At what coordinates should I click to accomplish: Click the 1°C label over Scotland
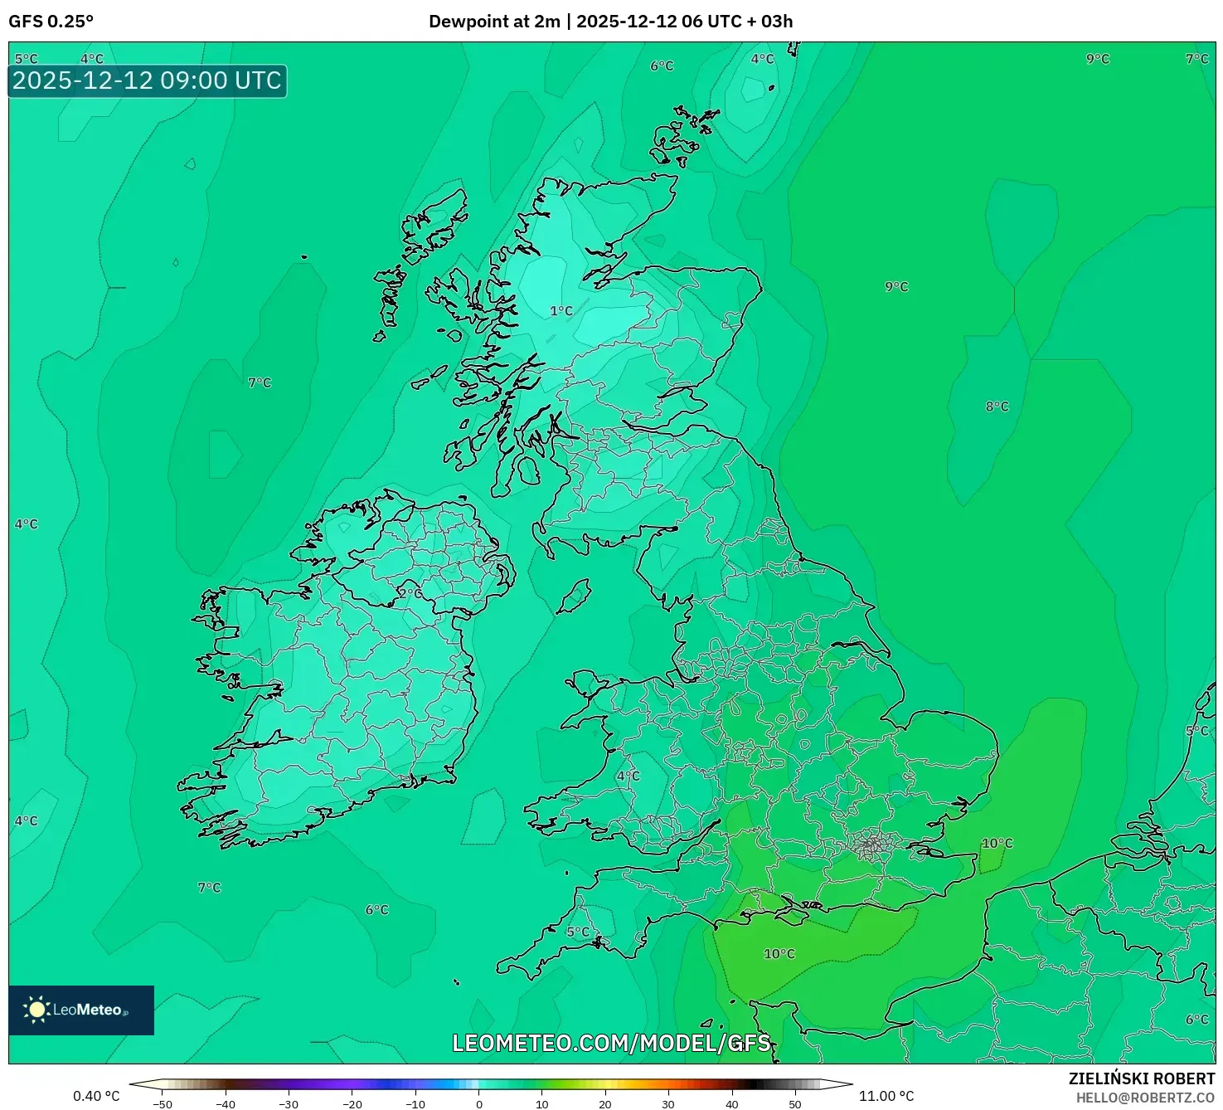(561, 311)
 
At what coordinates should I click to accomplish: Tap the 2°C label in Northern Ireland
(410, 593)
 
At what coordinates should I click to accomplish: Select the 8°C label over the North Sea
(997, 407)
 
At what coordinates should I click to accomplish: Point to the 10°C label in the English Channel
(779, 954)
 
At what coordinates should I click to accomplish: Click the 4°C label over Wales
(628, 776)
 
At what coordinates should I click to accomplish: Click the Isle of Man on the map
(574, 596)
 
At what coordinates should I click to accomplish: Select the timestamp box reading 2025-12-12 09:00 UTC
(148, 81)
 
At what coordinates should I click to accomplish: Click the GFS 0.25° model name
(51, 22)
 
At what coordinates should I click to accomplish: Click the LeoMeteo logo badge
(81, 1010)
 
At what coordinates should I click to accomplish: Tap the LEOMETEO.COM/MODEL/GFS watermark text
(611, 1043)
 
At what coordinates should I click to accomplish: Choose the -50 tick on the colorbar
(163, 1104)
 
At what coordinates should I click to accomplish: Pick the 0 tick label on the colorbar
(479, 1104)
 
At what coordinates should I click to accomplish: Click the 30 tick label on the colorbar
(668, 1104)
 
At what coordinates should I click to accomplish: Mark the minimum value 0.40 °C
(96, 1096)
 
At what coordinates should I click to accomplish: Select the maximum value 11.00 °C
(886, 1096)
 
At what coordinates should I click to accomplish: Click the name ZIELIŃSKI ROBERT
(1141, 1078)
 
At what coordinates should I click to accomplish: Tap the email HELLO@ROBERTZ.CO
(1145, 1098)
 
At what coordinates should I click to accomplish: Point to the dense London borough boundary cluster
(871, 845)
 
